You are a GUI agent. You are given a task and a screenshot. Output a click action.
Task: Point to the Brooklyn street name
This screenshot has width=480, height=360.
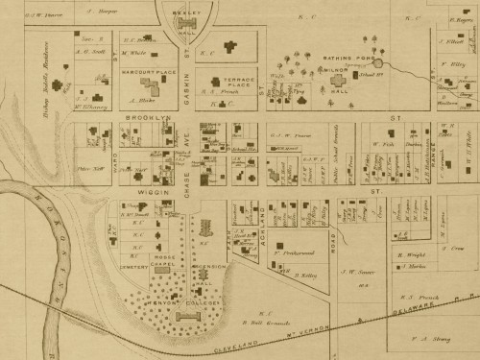147,117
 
